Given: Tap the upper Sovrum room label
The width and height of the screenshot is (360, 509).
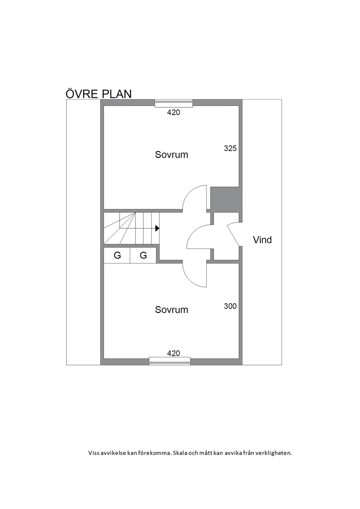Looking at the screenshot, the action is coord(172,155).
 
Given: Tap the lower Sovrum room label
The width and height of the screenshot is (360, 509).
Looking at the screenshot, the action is coord(172,310).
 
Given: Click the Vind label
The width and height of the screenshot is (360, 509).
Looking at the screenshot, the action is coord(262,240).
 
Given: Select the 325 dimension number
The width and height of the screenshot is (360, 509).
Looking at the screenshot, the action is coord(230,148).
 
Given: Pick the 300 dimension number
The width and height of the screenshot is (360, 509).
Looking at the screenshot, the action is coord(230,306).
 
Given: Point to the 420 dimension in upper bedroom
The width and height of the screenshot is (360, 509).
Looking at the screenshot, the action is coord(173,112).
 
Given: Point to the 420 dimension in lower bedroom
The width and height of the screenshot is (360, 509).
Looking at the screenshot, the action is coord(173,353).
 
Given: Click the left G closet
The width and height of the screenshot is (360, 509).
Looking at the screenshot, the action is coord(117,255).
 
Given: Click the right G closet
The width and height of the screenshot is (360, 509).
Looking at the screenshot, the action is coord(143,255).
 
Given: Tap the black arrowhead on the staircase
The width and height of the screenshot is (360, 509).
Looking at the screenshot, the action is coord(157,228).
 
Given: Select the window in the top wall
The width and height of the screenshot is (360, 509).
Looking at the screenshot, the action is coord(173,103).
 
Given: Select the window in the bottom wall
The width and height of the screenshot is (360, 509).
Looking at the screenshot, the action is coord(169,361).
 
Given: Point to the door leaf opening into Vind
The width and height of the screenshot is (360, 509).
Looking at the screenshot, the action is coord(233,235).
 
